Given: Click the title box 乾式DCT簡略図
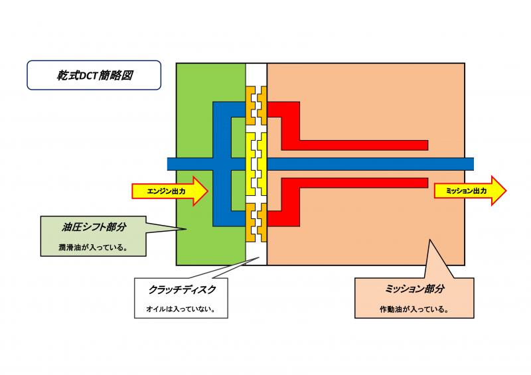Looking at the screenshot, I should coord(93,76).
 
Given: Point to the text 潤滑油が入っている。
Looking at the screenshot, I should coord(92,249).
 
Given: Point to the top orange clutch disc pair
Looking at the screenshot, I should coord(256,106).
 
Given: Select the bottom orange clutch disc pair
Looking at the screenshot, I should coord(256,222).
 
